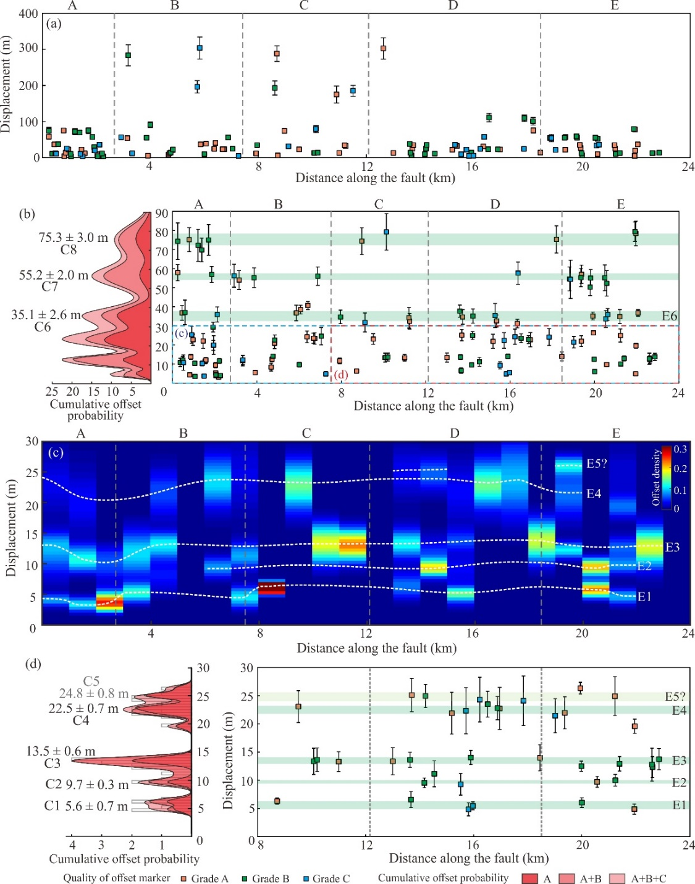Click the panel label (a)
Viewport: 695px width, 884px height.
pyautogui.click(x=54, y=24)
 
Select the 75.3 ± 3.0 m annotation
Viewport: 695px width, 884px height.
pyautogui.click(x=73, y=238)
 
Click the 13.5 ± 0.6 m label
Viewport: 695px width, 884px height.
pyautogui.click(x=61, y=751)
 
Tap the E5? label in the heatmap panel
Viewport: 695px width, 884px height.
pyautogui.click(x=597, y=464)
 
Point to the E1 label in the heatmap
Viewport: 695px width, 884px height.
pyautogui.click(x=644, y=596)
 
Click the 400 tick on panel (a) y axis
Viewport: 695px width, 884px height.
pyautogui.click(x=28, y=14)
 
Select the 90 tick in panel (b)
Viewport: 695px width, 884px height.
pyautogui.click(x=161, y=214)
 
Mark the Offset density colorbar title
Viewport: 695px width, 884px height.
pyautogui.click(x=656, y=477)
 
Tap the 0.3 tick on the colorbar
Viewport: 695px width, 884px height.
pyautogui.click(x=680, y=449)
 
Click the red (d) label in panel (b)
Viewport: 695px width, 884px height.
pyautogui.click(x=341, y=375)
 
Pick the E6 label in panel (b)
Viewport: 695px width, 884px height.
pyautogui.click(x=670, y=316)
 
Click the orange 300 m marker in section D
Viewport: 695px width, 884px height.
pyautogui.click(x=383, y=48)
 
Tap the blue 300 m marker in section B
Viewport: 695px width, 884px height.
pyautogui.click(x=200, y=48)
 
